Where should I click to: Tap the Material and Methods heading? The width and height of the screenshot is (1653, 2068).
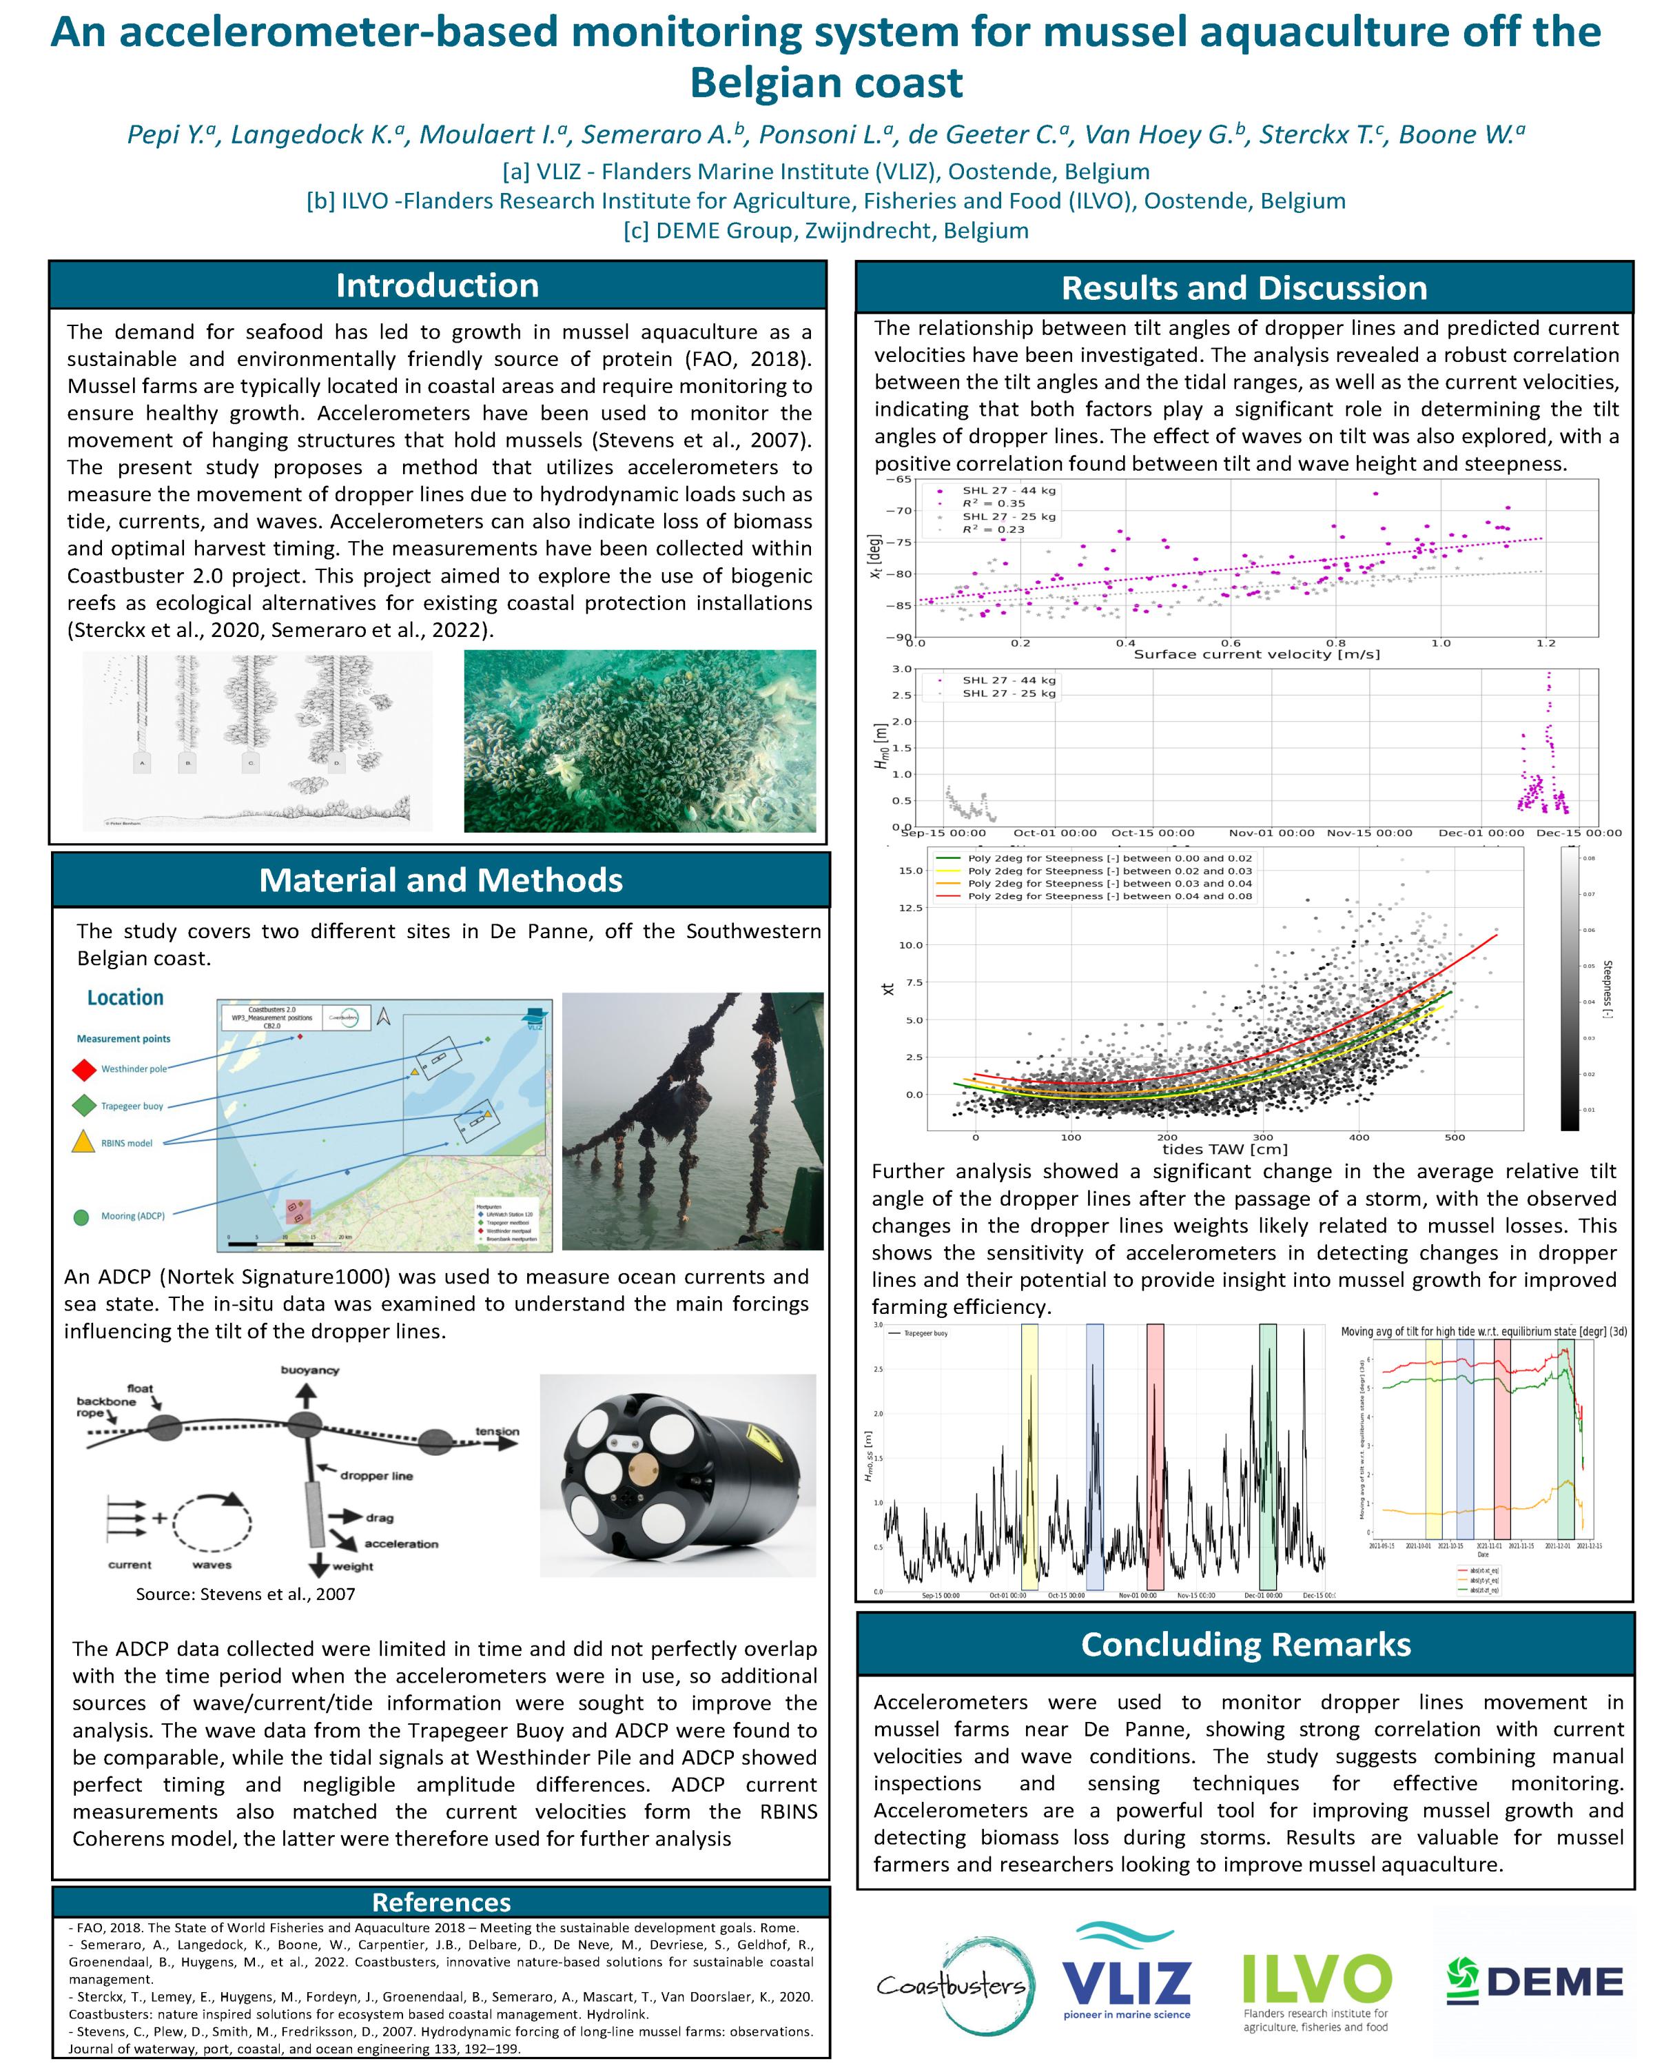[440, 880]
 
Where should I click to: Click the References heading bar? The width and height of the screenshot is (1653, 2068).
[441, 1902]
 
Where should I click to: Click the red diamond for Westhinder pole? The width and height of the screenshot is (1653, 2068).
[84, 1068]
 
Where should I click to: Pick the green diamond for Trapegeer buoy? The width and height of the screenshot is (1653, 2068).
[84, 1106]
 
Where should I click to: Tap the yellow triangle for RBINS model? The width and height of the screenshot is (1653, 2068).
[84, 1142]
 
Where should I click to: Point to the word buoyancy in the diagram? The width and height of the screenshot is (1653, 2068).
[309, 1370]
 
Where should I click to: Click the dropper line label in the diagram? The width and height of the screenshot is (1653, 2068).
[376, 1475]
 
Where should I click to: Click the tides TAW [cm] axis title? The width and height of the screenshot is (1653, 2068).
[1224, 1148]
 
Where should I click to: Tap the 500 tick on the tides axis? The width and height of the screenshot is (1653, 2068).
[1455, 1137]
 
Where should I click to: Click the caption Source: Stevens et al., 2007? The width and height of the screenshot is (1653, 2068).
[245, 1594]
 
